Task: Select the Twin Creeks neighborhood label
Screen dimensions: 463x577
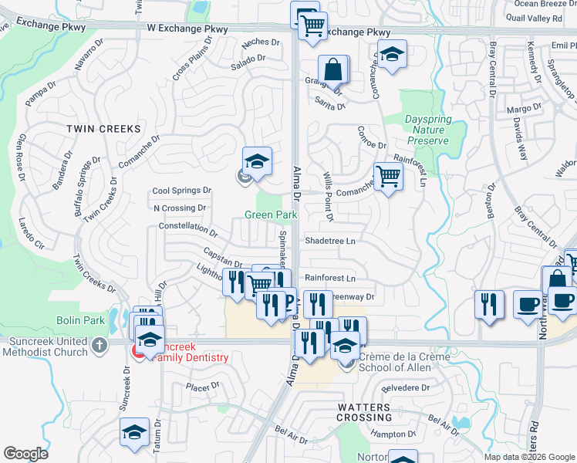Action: (x=103, y=128)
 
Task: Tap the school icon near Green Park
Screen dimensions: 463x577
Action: (x=258, y=161)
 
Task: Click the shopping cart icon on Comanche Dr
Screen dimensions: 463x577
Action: (x=389, y=177)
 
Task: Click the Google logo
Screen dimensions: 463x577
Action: (x=25, y=453)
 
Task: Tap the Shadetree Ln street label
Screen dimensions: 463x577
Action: (x=330, y=241)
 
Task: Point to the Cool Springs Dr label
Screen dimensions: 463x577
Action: (x=181, y=191)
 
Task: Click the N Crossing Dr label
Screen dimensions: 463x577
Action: (x=180, y=208)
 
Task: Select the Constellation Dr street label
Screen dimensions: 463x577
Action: (x=188, y=228)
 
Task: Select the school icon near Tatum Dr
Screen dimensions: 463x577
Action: (x=134, y=433)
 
